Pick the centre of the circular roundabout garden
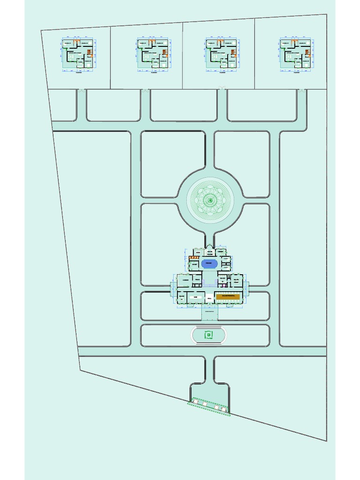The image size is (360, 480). pyautogui.click(x=210, y=200)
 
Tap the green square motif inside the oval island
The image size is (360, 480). pyautogui.click(x=209, y=335)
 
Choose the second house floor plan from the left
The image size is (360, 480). pyautogui.click(x=153, y=54)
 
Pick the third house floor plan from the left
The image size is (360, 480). pyautogui.click(x=223, y=54)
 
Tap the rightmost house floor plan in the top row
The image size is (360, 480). pyautogui.click(x=296, y=54)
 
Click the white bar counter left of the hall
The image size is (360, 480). pyautogui.click(x=197, y=297)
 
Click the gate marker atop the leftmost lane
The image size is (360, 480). pyautogui.click(x=81, y=90)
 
